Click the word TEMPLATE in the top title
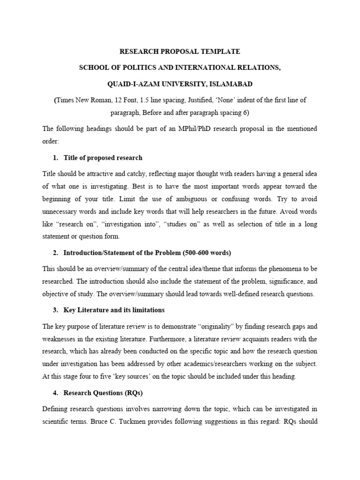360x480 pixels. pyautogui.click(x=220, y=51)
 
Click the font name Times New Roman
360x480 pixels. pyautogui.click(x=82, y=100)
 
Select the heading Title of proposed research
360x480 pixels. pyautogui.click(x=103, y=157)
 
